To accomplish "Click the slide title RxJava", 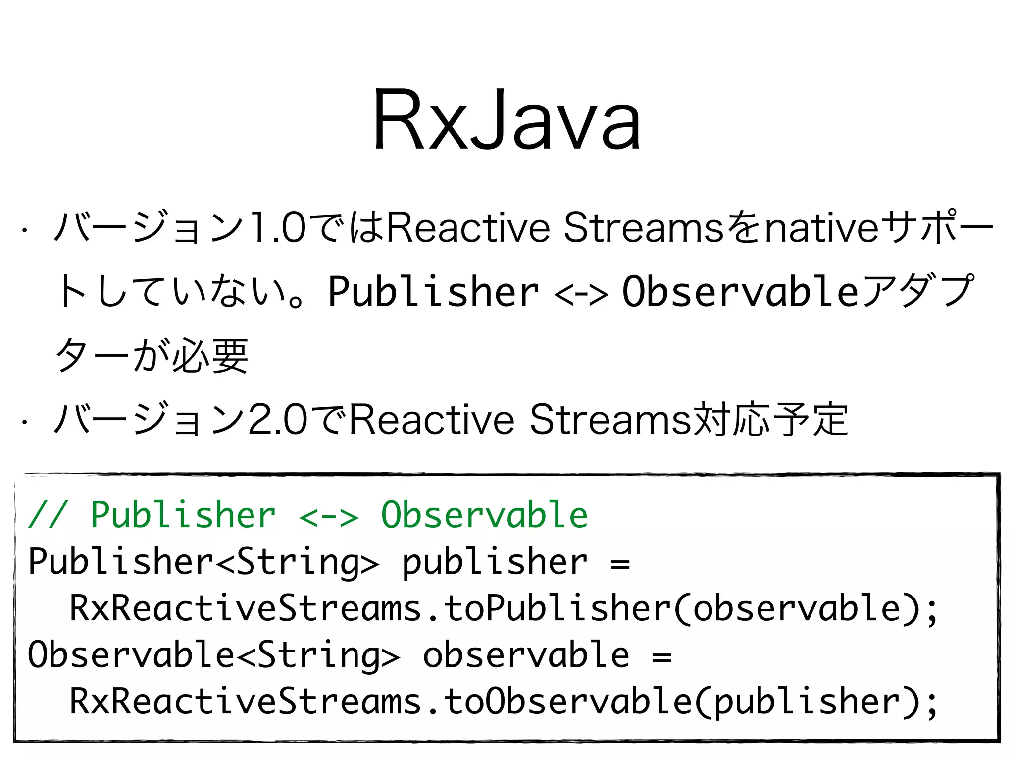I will (507, 120).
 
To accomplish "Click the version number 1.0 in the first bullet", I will (278, 228).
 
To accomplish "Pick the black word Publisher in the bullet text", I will (433, 292).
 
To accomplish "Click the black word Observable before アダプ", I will (740, 292).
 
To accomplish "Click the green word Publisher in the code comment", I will (183, 515).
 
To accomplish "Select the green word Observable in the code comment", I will (484, 515).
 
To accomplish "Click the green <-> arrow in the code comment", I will (328, 517).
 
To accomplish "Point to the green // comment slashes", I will (48, 515).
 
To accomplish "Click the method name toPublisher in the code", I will (557, 608).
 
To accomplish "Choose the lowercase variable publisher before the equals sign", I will (494, 563).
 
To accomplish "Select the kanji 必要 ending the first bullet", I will (210, 356).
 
